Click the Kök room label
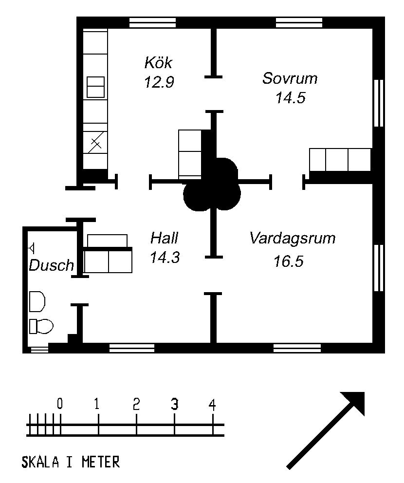point(158,62)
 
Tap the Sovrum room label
point(290,78)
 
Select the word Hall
point(164,238)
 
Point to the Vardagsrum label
point(293,239)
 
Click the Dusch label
point(52,265)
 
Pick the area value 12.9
point(159,82)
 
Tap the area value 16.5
point(289,261)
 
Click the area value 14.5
point(291,98)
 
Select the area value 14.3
point(165,257)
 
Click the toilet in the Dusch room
point(41,326)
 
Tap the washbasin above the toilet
point(37,301)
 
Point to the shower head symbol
point(31,248)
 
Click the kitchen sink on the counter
point(95,87)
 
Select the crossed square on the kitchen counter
point(95,142)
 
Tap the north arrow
point(326,430)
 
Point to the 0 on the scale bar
point(60,403)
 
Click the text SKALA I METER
point(71,462)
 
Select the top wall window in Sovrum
point(299,22)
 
